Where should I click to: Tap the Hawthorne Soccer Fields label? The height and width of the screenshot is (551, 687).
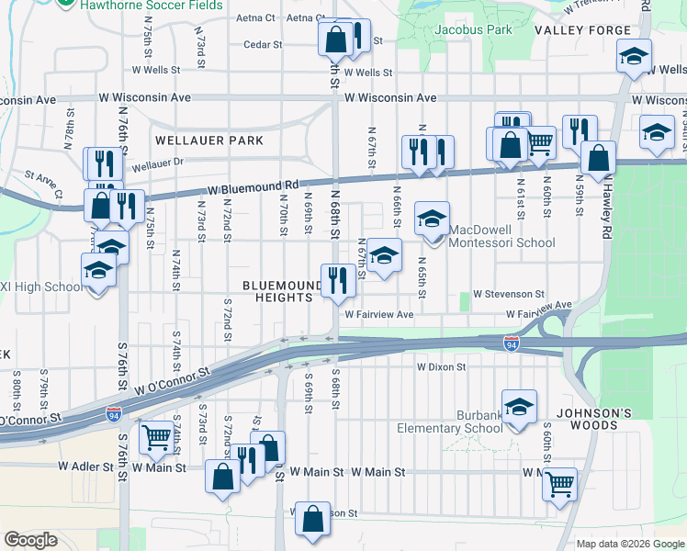point(152,6)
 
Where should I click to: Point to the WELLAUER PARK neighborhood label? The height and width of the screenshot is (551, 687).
point(209,141)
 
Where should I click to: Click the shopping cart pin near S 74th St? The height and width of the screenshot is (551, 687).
point(155,439)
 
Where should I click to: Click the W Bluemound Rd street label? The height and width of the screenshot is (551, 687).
point(253,187)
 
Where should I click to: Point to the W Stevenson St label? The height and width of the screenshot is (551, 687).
point(509,294)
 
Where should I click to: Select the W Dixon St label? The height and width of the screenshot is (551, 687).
point(442,366)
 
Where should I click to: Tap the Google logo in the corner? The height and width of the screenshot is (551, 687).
point(31,540)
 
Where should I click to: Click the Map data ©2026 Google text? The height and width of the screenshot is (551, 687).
point(629,544)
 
